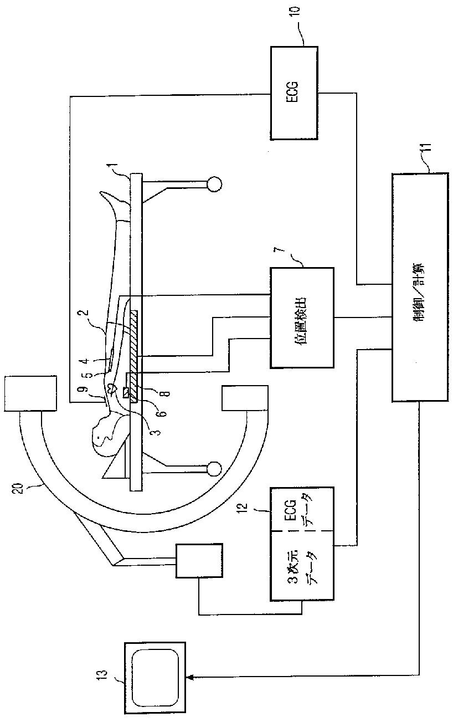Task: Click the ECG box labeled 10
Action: point(294,93)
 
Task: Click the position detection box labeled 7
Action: point(302,318)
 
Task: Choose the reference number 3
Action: point(157,431)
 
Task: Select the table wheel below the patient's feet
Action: point(214,185)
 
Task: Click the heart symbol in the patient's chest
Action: point(112,387)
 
